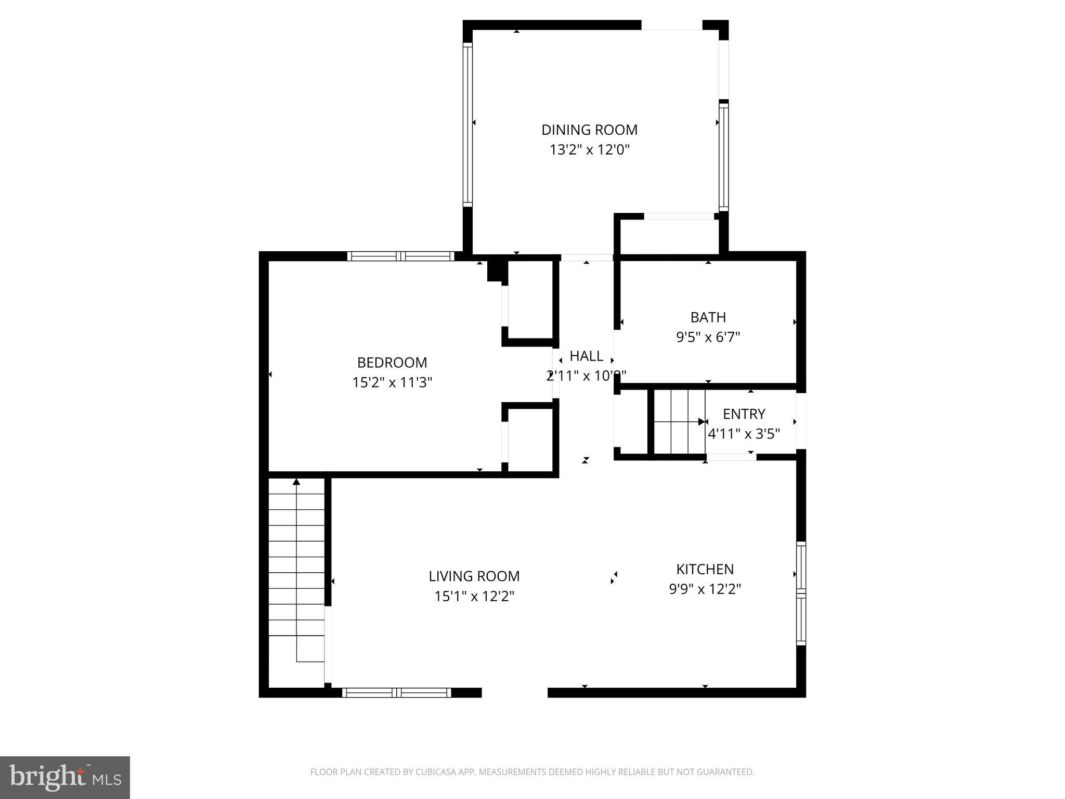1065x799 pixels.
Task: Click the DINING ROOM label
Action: point(589,130)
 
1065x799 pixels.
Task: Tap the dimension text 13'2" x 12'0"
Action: point(589,150)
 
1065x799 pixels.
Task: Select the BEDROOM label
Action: point(392,362)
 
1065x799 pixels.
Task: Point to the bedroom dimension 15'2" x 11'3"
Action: point(392,382)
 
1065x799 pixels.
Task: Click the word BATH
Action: point(708,317)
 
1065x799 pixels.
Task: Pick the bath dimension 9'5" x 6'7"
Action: point(708,337)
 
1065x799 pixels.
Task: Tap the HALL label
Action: point(586,356)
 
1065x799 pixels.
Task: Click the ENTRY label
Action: point(744,414)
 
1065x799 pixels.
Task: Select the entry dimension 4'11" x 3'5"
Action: point(744,433)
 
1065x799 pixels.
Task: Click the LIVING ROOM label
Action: point(474,576)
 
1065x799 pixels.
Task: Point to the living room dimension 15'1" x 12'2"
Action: point(474,596)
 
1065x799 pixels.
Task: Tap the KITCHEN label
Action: point(705,569)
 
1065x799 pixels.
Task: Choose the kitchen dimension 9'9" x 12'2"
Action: point(705,589)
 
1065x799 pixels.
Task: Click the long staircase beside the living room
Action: point(296,572)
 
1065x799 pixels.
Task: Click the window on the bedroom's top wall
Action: point(400,256)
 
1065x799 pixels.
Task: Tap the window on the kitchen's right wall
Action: point(801,593)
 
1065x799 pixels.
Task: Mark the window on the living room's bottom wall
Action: point(396,692)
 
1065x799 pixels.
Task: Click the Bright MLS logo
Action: point(64,777)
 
